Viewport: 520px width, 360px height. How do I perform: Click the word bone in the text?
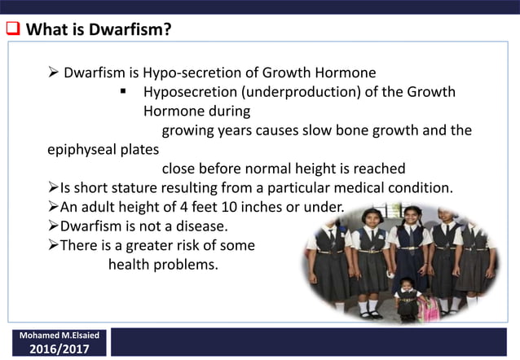320,130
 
